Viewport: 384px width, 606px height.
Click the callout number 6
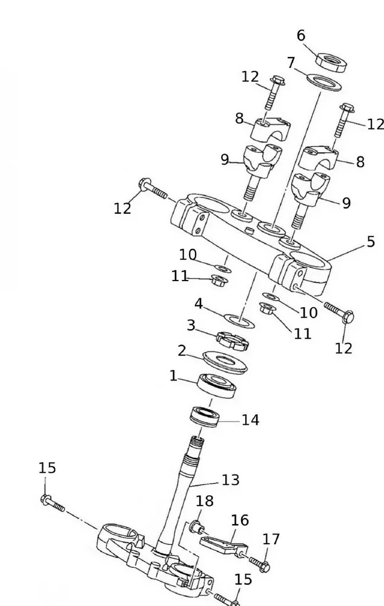[301, 36]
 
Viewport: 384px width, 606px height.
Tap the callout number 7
[291, 62]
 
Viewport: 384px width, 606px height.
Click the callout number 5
[371, 241]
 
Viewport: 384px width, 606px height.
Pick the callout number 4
[199, 303]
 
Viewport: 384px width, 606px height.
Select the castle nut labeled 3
[233, 339]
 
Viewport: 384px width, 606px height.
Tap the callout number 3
[191, 325]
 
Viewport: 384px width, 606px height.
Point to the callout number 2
[182, 350]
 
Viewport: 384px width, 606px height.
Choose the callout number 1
[173, 376]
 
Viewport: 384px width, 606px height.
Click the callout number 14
[250, 420]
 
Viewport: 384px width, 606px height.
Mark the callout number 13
[230, 480]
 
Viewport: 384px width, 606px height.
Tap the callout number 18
[205, 501]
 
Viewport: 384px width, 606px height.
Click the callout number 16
[240, 520]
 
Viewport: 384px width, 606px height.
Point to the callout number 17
[271, 539]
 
